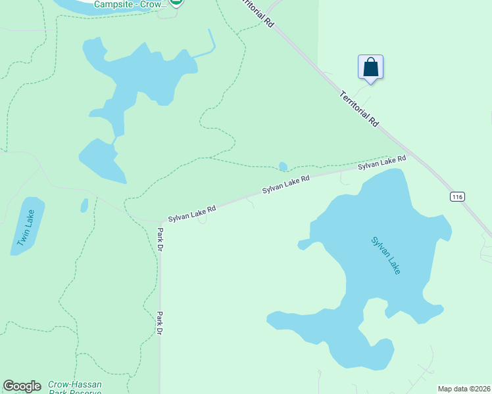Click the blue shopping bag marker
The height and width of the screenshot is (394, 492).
(370, 68)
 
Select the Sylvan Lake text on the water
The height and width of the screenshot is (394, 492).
(385, 255)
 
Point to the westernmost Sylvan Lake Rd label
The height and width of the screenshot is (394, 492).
(192, 213)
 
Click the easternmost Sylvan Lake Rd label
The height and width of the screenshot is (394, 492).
(381, 163)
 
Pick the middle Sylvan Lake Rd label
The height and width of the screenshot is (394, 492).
(285, 185)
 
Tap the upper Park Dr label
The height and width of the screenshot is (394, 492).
(160, 240)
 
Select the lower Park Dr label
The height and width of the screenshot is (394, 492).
(159, 323)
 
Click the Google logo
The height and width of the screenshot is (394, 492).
(22, 386)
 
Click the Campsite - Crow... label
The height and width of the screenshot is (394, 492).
(130, 4)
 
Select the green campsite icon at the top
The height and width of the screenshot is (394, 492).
(176, 3)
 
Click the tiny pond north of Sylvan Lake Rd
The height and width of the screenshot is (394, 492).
(283, 166)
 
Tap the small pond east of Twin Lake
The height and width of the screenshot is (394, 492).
(84, 206)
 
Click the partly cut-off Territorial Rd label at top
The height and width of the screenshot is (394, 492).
(258, 12)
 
